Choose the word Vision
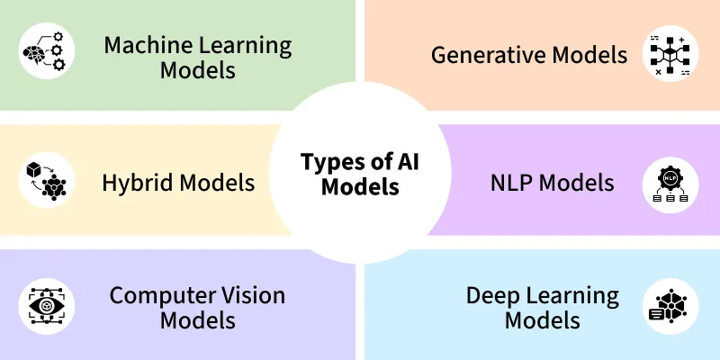(x=246, y=295)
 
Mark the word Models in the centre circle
(x=360, y=188)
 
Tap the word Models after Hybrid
(x=218, y=184)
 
